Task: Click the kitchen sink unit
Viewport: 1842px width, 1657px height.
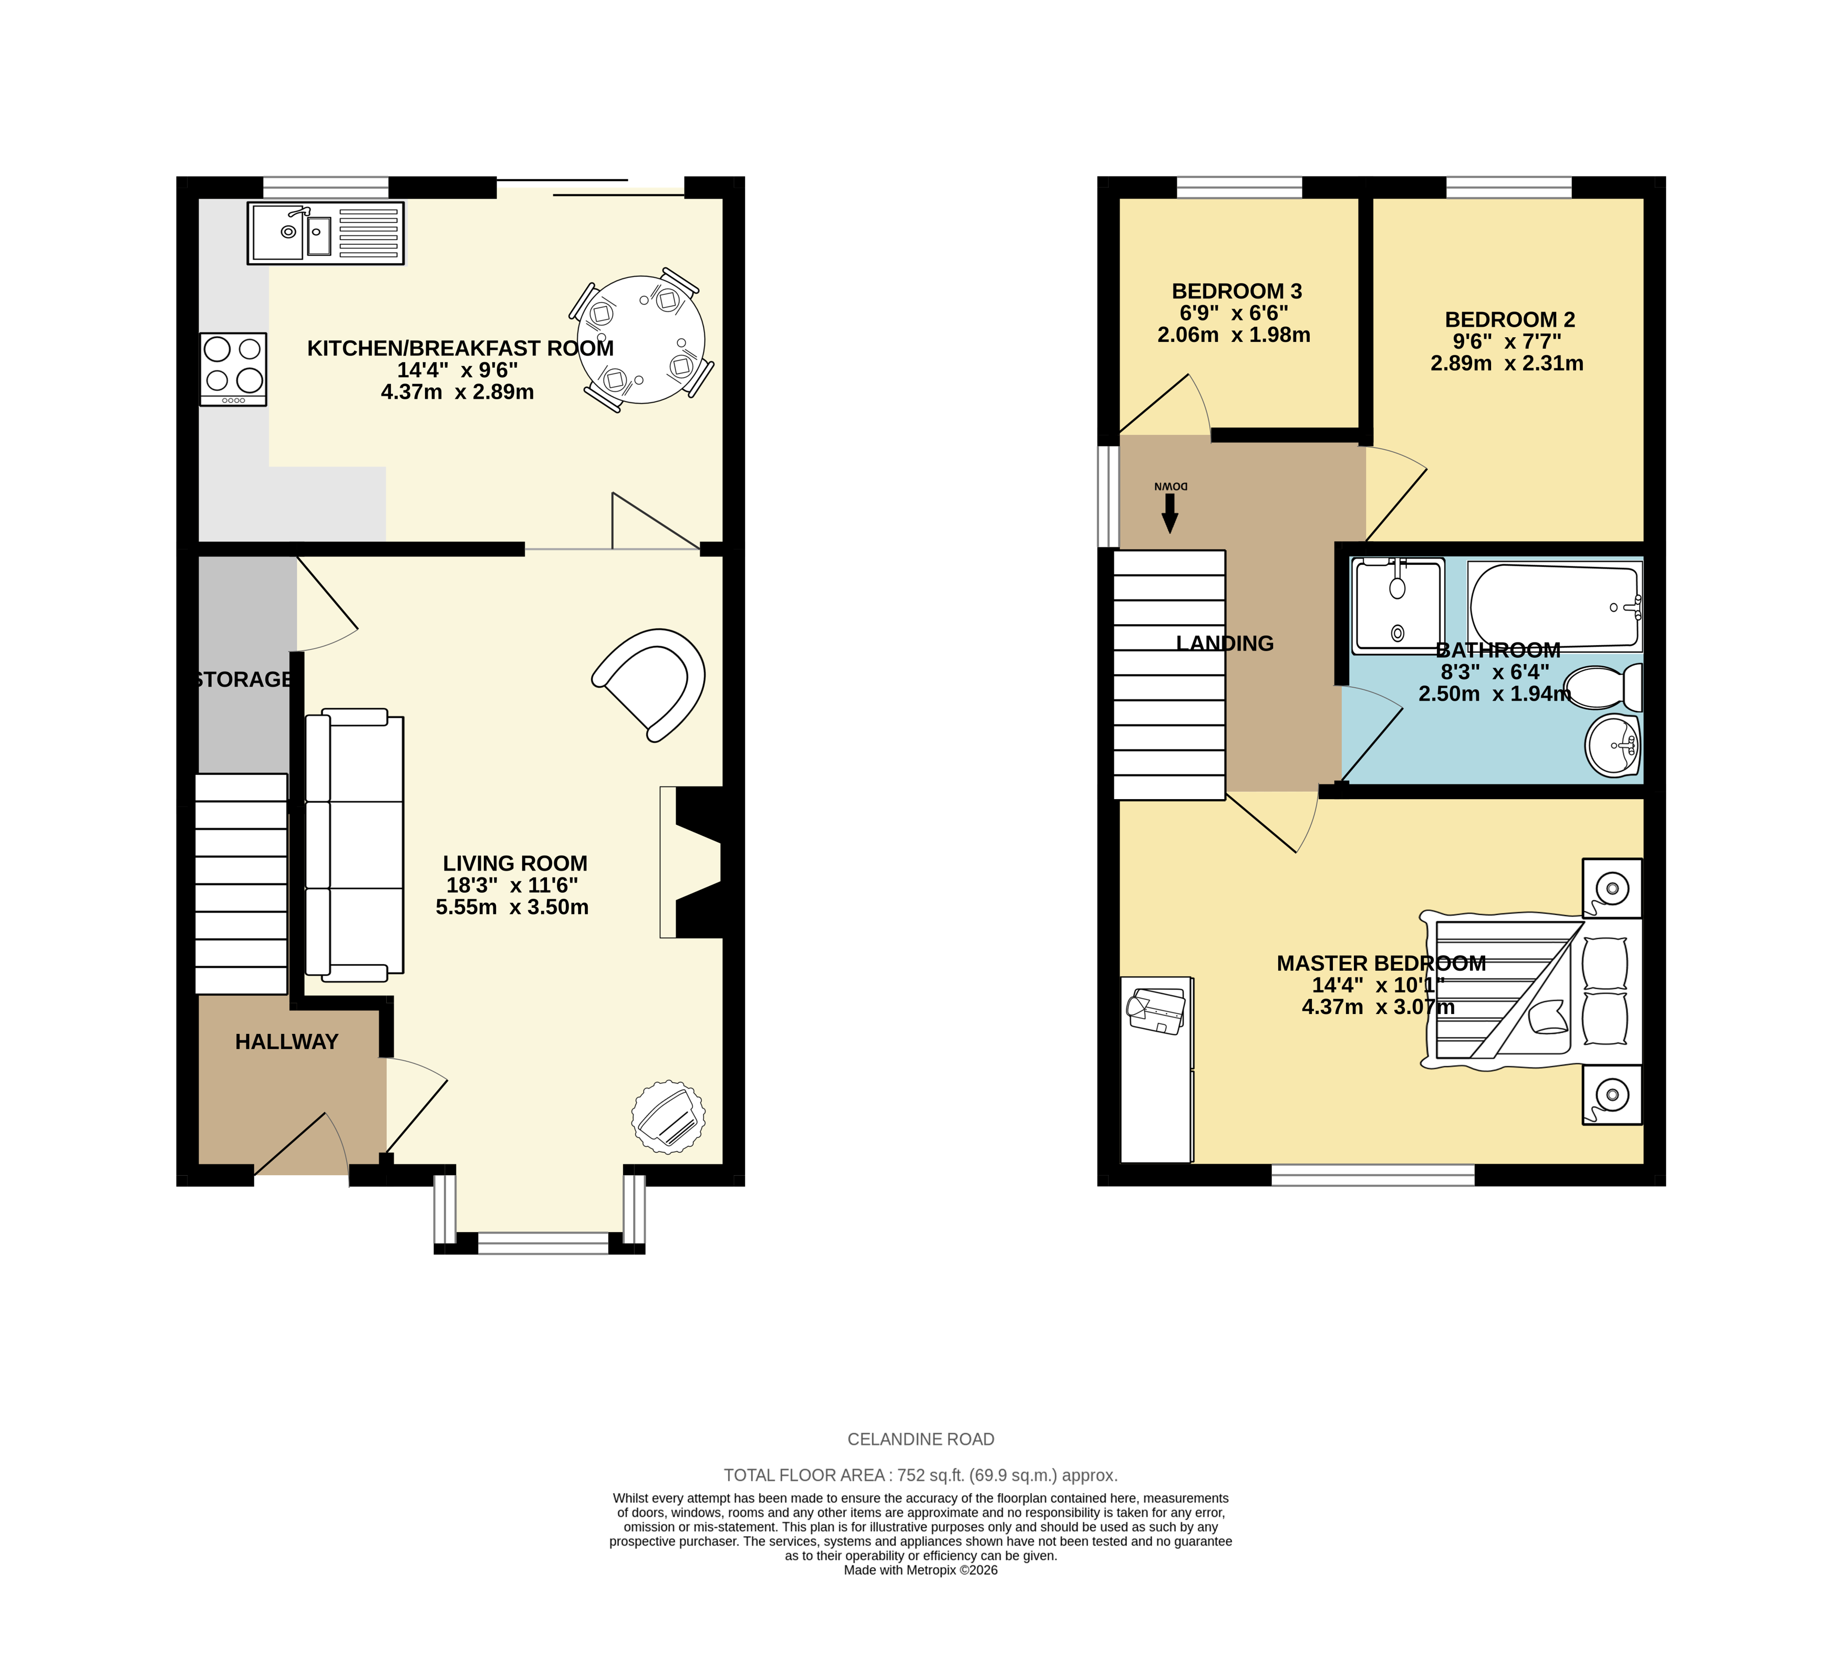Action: coord(325,233)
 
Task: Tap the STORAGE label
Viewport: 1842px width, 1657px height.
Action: coord(243,679)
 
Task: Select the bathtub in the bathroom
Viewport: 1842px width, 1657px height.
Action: coord(1554,605)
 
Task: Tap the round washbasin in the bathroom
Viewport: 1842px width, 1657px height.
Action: coord(1612,745)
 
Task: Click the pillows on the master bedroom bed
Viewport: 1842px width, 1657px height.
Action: coord(1605,990)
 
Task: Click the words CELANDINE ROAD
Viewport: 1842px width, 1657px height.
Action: coord(920,1439)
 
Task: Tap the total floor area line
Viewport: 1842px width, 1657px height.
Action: coord(920,1475)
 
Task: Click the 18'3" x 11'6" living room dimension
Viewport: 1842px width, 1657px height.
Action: coord(512,885)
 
